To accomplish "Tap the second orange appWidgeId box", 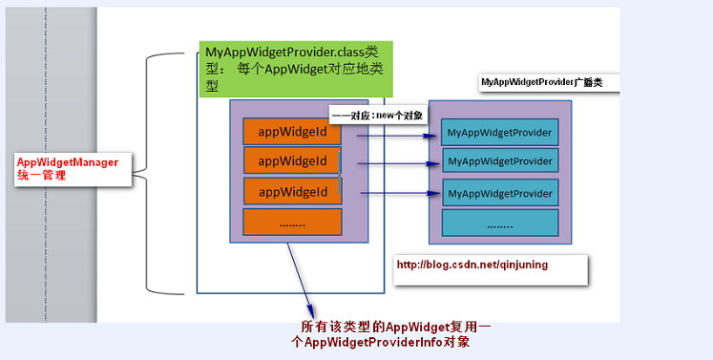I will [292, 160].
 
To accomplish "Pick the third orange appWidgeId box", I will [292, 191].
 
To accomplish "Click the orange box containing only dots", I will [292, 222].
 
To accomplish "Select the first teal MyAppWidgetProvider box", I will [499, 132].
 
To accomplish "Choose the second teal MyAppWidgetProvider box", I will [499, 161].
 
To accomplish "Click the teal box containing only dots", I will [499, 225].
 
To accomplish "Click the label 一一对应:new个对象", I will [378, 114].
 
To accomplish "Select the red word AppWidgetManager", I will [68, 162].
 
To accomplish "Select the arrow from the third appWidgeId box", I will [396, 196].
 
